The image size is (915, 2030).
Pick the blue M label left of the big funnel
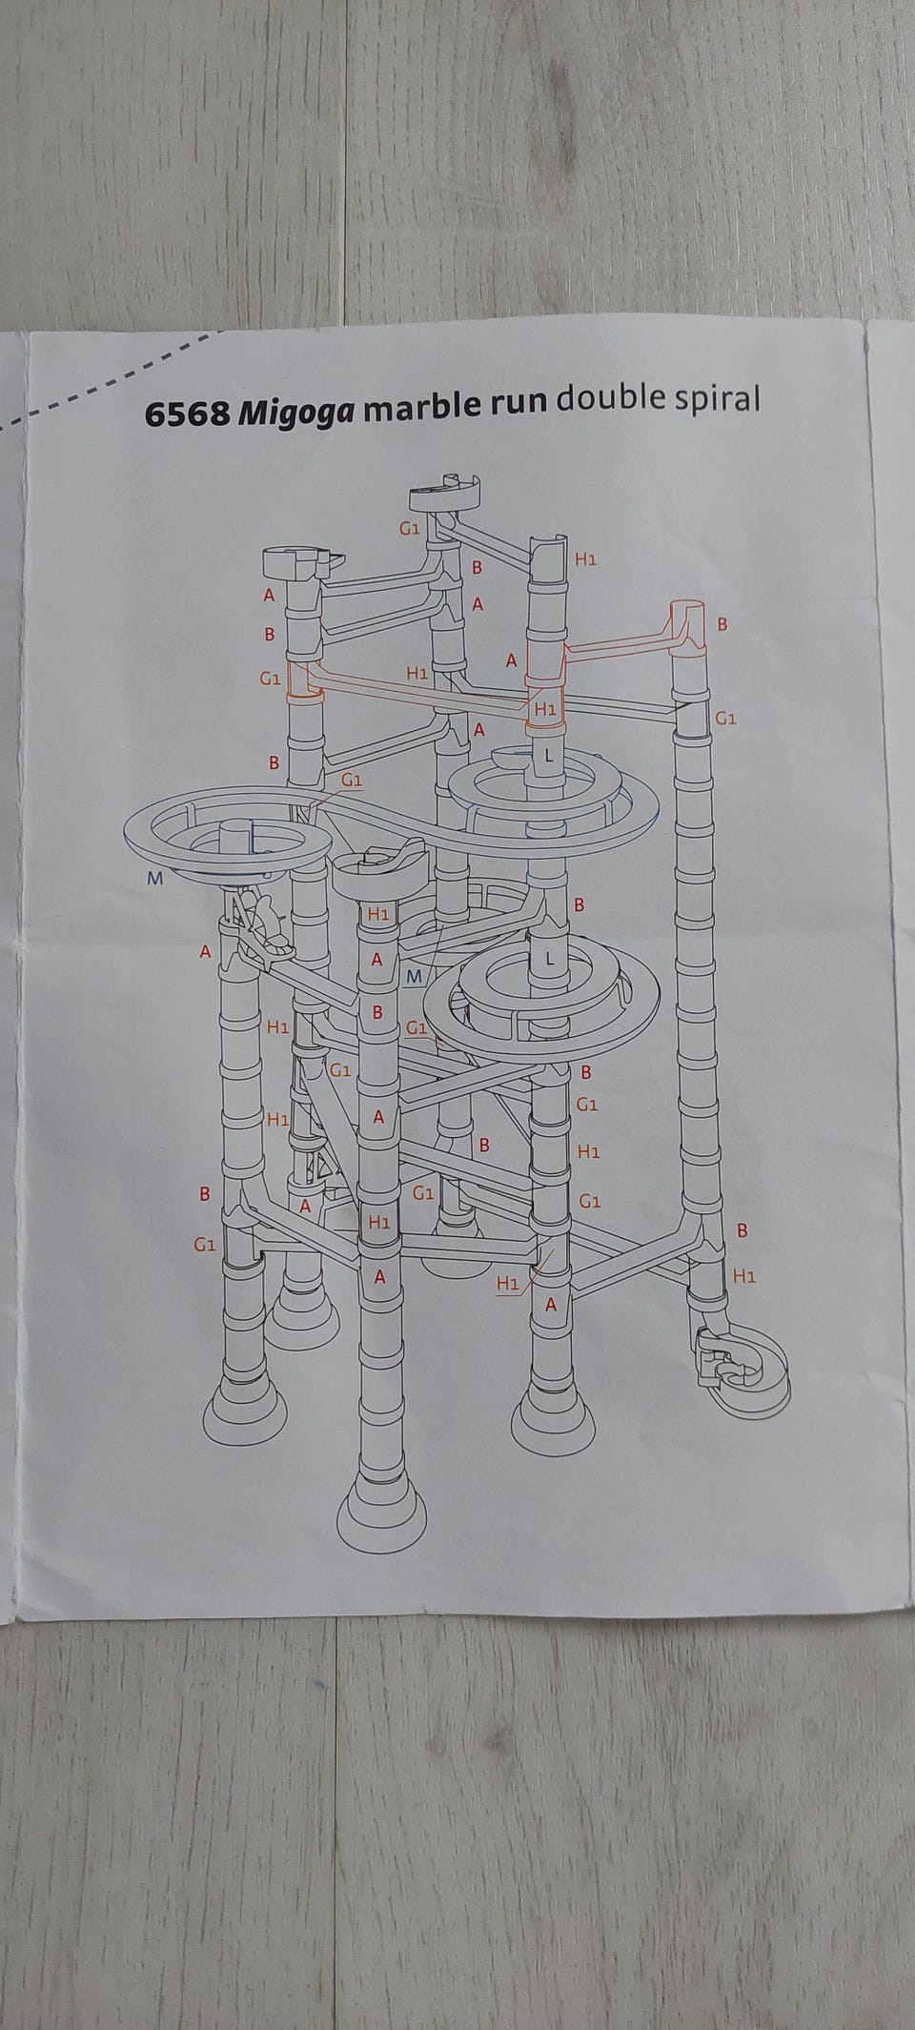[x=155, y=879]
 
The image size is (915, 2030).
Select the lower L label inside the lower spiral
[x=548, y=960]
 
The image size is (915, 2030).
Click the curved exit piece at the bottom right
[x=742, y=1367]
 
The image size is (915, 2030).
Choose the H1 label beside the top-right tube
[x=586, y=559]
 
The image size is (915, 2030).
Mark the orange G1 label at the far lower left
[x=204, y=1245]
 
